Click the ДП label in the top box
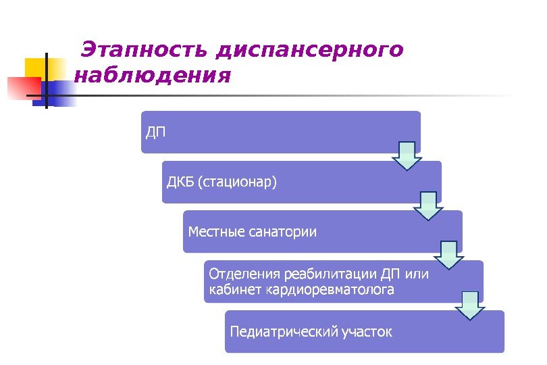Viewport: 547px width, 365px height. click(x=155, y=130)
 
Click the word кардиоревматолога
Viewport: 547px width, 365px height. click(x=330, y=291)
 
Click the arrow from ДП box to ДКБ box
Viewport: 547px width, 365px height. click(x=407, y=155)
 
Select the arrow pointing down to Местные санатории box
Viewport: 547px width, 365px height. click(x=427, y=205)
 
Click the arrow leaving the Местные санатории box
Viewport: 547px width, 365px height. click(x=448, y=254)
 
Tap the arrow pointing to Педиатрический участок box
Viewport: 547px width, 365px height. click(x=470, y=305)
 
